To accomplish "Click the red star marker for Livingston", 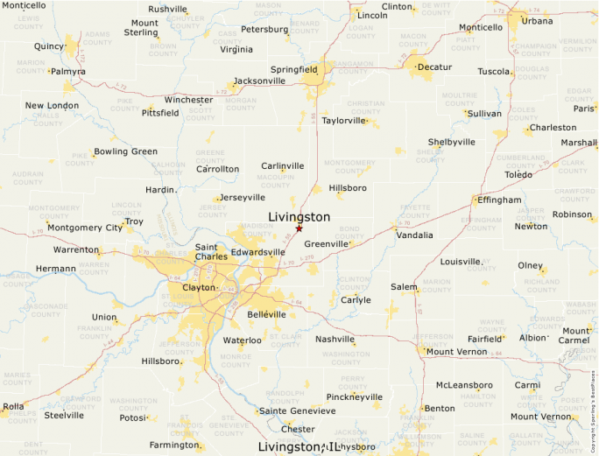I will pos(299,228).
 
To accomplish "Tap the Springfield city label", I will pos(294,68).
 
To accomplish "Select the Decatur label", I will pos(434,67).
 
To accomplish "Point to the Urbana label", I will pos(537,20).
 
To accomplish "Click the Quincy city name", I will pos(49,46).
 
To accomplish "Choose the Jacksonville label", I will pos(259,81).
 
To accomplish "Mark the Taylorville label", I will pos(342,120).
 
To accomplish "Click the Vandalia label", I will pos(414,235).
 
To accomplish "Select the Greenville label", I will pos(327,243).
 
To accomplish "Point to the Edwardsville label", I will pos(257,252).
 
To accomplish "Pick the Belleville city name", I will pos(267,313).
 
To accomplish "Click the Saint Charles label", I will pos(211,252).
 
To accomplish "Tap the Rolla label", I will pos(13,406).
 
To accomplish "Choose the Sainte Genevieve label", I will pos(297,410).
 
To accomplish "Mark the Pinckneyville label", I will pos(354,396).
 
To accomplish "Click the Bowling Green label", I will pos(125,151).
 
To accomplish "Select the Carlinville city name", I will pos(283,165).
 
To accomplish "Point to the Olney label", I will pos(530,265).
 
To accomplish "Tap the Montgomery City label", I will pos(85,228).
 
